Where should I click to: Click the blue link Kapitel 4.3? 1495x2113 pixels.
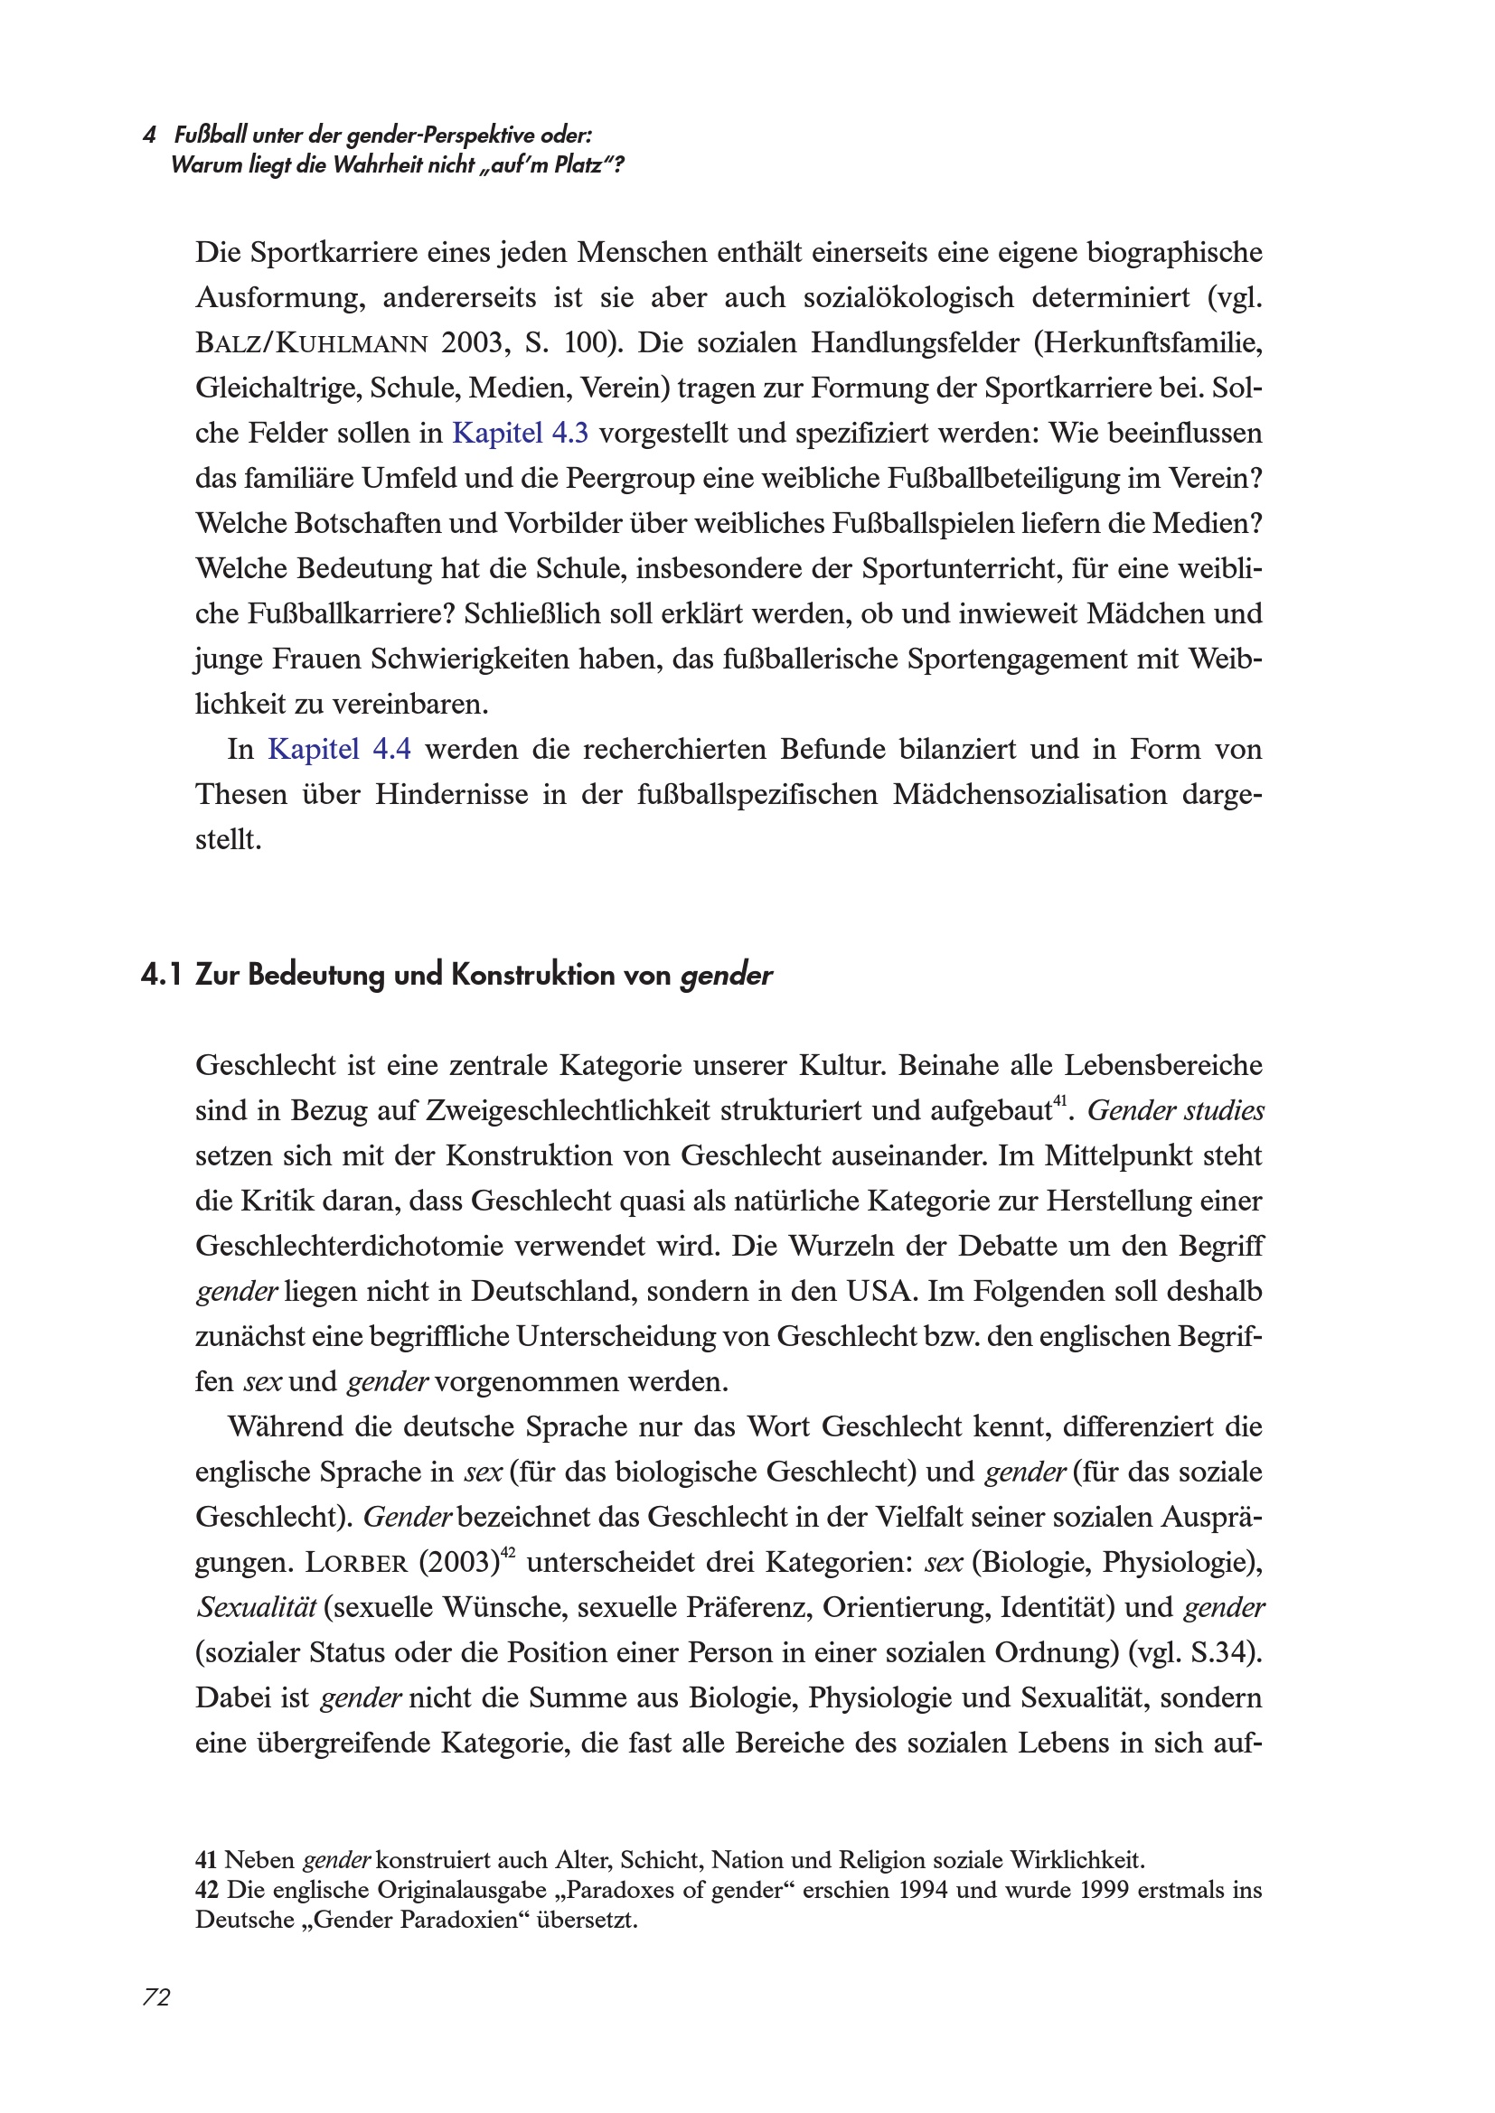pos(520,434)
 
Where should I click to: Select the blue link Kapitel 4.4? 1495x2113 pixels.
pos(339,750)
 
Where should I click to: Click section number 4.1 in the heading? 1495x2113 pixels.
pos(162,976)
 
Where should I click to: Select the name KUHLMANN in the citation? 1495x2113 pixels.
pos(352,344)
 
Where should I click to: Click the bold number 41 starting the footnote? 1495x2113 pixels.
pos(206,1860)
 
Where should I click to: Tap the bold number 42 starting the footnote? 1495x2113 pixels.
pos(206,1890)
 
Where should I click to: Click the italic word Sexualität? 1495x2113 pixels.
pos(256,1608)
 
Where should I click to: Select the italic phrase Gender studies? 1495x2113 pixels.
pos(1176,1111)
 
